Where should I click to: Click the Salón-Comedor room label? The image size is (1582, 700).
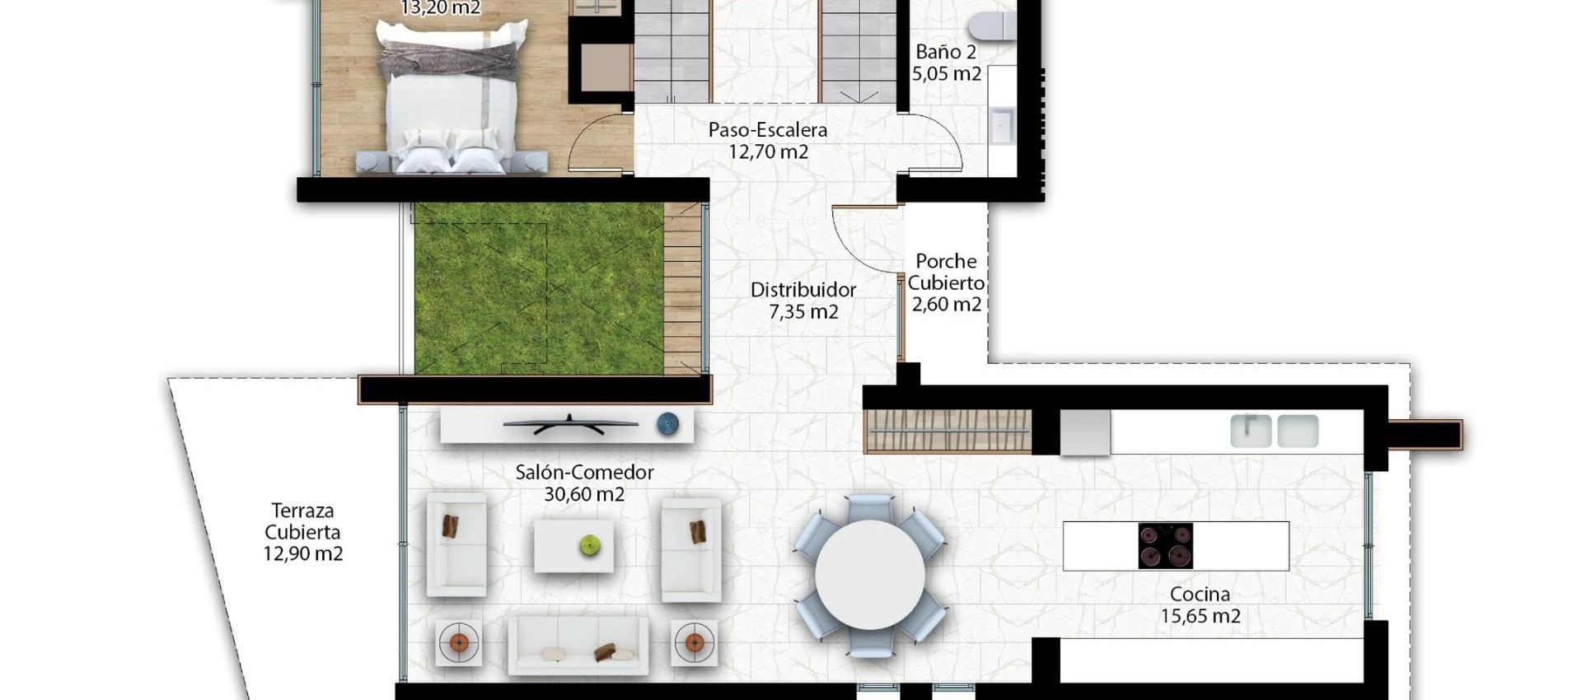[x=584, y=473]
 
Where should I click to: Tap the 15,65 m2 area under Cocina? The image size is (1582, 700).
[x=1201, y=616]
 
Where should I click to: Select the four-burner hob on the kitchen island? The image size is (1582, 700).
[x=1165, y=546]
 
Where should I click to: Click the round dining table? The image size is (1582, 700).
[x=870, y=574]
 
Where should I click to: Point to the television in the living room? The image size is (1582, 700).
[x=570, y=425]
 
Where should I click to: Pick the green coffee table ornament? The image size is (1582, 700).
[x=589, y=544]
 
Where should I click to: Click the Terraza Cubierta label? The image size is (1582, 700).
[x=302, y=521]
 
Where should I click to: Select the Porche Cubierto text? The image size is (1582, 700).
[x=946, y=272]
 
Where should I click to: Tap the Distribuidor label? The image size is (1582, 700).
[x=803, y=290]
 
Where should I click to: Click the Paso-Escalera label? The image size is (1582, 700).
[x=767, y=130]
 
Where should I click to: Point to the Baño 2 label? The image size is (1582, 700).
[x=946, y=52]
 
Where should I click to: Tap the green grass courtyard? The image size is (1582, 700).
[x=539, y=288]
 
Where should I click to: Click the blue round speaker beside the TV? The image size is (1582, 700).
[x=667, y=424]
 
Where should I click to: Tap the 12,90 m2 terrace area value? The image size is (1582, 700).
[x=302, y=554]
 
